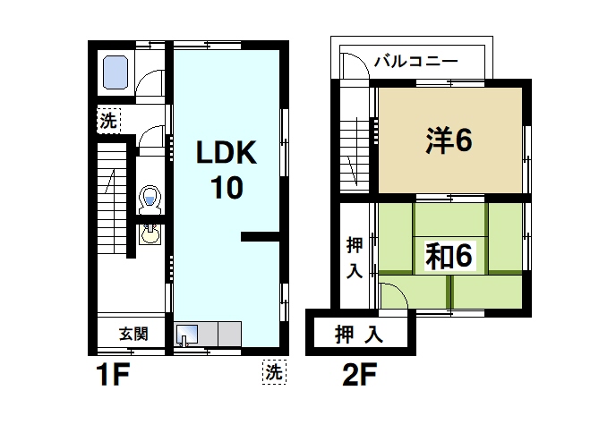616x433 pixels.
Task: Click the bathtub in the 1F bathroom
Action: pos(115,72)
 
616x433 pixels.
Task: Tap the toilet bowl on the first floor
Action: pos(150,197)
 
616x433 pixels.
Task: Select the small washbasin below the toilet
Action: pos(150,235)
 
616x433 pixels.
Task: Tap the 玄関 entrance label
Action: pos(133,335)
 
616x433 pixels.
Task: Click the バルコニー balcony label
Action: pos(415,62)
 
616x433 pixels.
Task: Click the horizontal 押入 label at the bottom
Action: pos(359,335)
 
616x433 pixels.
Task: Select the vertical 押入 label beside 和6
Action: pos(355,256)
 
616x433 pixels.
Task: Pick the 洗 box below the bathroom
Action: pos(108,121)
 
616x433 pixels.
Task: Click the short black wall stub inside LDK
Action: pos(260,236)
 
